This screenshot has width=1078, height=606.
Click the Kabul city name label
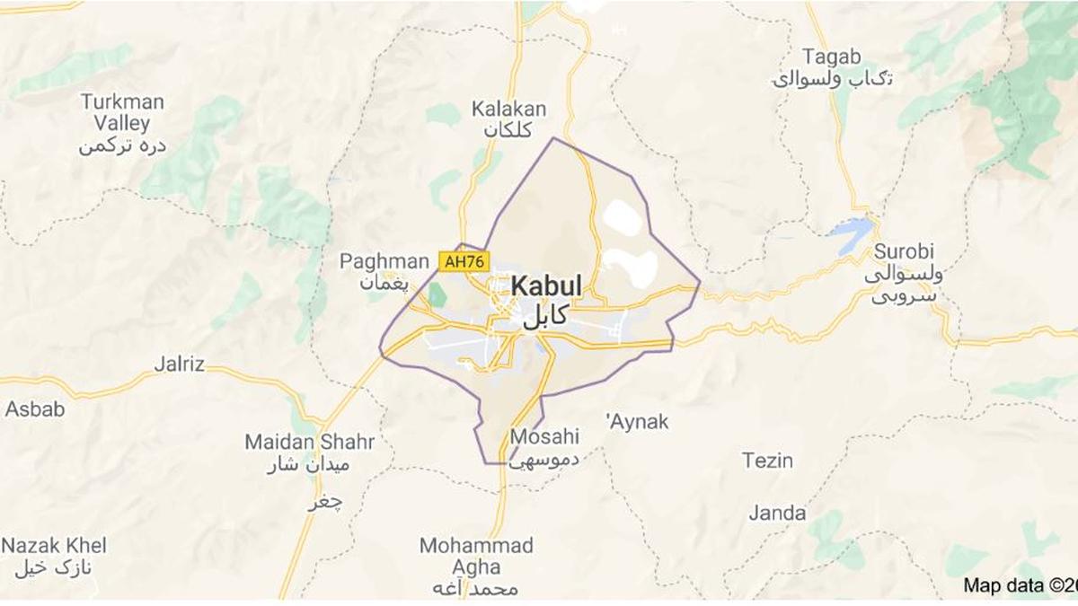(546, 287)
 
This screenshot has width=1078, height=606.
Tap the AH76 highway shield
(464, 261)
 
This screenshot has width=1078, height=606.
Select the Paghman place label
(384, 262)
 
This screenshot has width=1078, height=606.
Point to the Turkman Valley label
(122, 112)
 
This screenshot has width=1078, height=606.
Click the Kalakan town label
(508, 110)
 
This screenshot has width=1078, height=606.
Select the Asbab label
(35, 409)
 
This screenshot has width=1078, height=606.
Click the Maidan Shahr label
(309, 443)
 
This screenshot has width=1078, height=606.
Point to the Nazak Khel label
(54, 546)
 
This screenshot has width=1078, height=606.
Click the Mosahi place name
(544, 437)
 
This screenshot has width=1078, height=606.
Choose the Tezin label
(767, 461)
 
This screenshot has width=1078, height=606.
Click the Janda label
(777, 514)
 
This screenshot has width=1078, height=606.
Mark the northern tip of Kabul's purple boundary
(553, 138)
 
